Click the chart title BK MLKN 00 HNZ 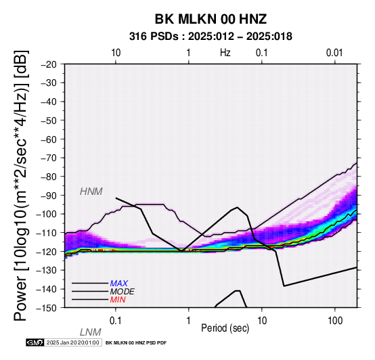(x=211, y=19)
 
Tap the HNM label (x=91, y=192)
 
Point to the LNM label (x=91, y=332)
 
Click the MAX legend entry (x=118, y=284)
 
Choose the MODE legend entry (x=123, y=292)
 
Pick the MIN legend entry (x=118, y=300)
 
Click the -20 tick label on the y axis (x=48, y=64)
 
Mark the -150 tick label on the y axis (x=47, y=308)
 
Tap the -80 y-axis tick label (x=48, y=177)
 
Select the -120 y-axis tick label (x=47, y=252)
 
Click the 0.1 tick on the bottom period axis (x=116, y=321)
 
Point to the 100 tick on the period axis (x=335, y=321)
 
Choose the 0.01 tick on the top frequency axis (x=334, y=53)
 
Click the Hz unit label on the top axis (x=225, y=53)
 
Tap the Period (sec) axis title (x=225, y=328)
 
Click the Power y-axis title (x=20, y=186)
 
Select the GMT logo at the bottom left (x=35, y=342)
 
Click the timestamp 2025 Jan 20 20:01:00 (x=72, y=342)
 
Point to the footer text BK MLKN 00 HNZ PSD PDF (x=136, y=343)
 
